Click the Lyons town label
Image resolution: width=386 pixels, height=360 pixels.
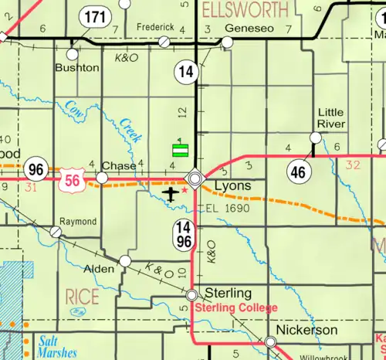tap(231, 186)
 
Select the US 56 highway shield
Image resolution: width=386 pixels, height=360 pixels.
tap(69, 179)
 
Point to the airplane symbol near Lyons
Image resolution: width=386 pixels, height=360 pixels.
tap(172, 192)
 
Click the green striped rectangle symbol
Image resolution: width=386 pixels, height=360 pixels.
tap(180, 150)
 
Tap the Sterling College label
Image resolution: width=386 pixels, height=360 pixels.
tap(235, 307)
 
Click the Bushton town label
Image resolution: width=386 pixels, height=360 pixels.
tap(76, 67)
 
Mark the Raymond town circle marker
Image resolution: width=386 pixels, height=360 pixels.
tap(56, 232)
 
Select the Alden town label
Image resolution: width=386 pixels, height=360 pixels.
tap(103, 269)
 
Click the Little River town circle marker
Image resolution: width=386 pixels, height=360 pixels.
tap(315, 138)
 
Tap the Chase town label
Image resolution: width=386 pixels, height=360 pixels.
tap(119, 165)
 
